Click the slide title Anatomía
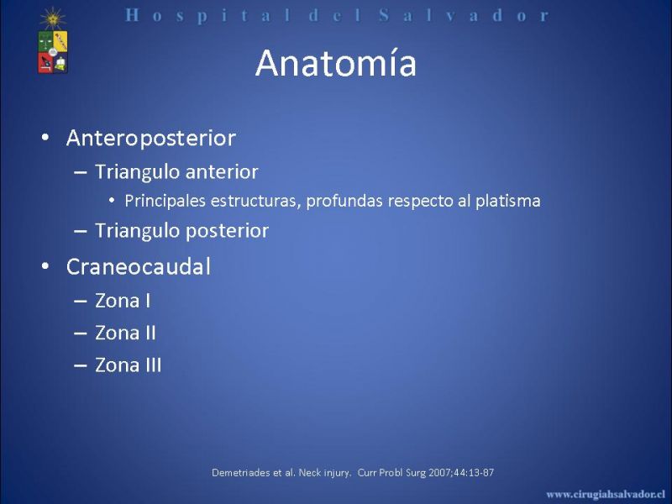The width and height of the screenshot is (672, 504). click(x=335, y=64)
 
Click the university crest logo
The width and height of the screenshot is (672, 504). click(x=53, y=40)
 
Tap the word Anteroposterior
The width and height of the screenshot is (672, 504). click(x=151, y=138)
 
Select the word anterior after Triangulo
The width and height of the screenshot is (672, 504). click(x=222, y=172)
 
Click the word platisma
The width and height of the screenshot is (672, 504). click(x=508, y=201)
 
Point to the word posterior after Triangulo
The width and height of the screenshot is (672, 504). click(x=227, y=231)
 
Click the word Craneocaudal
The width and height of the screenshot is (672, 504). click(x=139, y=266)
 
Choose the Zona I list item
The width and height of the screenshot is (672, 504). click(x=123, y=301)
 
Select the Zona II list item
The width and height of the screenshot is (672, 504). click(x=125, y=333)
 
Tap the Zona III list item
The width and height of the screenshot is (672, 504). click(x=129, y=365)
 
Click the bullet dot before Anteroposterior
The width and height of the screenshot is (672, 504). click(x=45, y=138)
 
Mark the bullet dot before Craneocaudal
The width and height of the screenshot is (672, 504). click(x=45, y=266)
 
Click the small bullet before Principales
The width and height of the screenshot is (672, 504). click(x=112, y=201)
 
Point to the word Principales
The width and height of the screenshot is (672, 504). click(x=165, y=201)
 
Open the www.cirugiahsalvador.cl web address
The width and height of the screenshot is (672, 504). click(x=606, y=494)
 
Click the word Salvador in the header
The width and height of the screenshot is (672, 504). click(x=464, y=16)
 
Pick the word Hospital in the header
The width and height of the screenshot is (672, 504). click(x=208, y=16)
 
